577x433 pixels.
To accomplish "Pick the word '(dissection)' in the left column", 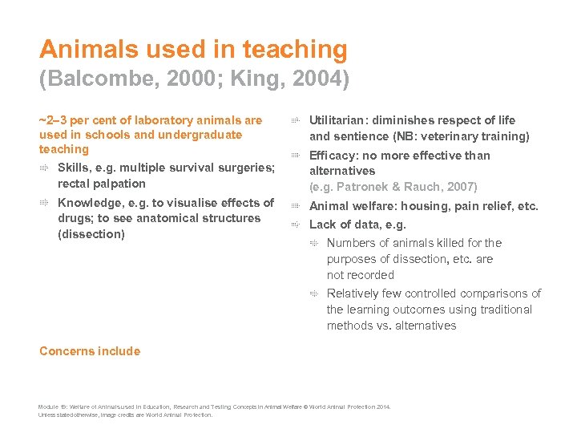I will (x=91, y=234).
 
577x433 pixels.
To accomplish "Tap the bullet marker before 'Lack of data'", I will (x=294, y=225).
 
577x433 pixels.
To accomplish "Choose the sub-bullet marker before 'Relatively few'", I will (x=315, y=293).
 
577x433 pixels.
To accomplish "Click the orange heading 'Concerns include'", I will (x=89, y=351).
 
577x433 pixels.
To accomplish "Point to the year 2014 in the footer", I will (x=381, y=407).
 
